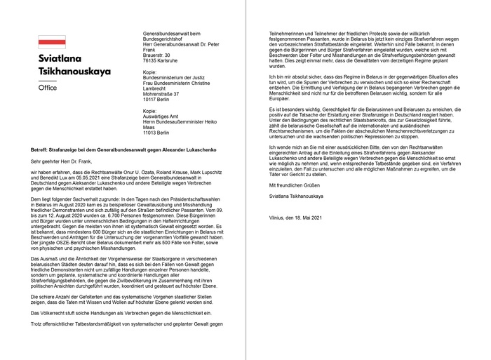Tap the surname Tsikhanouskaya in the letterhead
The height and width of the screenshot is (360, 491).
(x=85, y=73)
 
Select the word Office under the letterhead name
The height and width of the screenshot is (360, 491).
(x=48, y=88)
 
